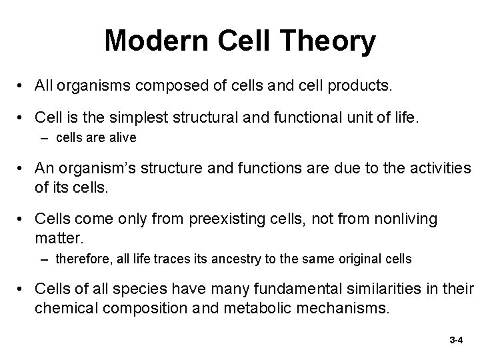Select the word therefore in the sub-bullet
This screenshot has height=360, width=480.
pyautogui.click(x=78, y=258)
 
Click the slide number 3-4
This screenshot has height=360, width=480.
pyautogui.click(x=456, y=340)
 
